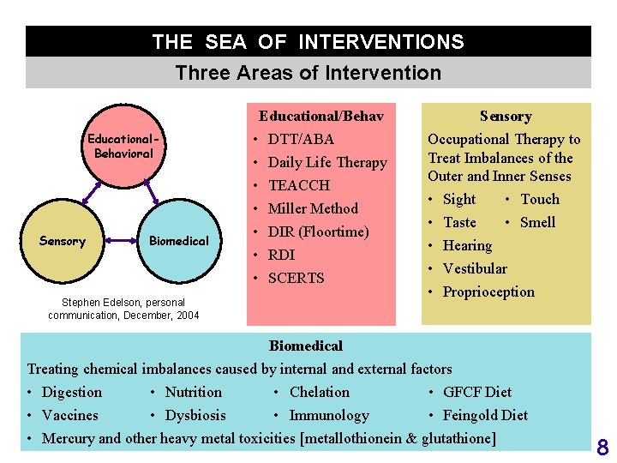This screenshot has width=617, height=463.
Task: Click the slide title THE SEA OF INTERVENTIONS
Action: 308,41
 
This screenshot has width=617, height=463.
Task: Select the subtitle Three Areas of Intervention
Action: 308,73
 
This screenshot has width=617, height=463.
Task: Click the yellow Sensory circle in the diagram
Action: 63,241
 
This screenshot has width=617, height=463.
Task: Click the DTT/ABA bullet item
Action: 301,139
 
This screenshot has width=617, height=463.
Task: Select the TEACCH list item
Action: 298,185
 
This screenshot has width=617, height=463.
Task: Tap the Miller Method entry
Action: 313,208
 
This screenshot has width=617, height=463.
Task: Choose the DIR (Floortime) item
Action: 318,231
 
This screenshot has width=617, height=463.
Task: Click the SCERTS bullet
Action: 296,278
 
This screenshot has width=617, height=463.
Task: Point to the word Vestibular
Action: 475,268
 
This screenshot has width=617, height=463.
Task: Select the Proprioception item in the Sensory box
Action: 488,292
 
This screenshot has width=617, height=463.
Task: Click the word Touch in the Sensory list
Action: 540,199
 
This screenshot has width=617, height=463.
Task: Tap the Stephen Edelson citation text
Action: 123,309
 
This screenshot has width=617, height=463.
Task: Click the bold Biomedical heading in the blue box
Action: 305,346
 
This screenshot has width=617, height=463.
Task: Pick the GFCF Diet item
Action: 476,393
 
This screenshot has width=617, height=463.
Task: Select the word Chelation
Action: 320,393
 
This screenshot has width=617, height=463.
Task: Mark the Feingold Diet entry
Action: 485,416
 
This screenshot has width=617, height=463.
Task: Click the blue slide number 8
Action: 602,447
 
